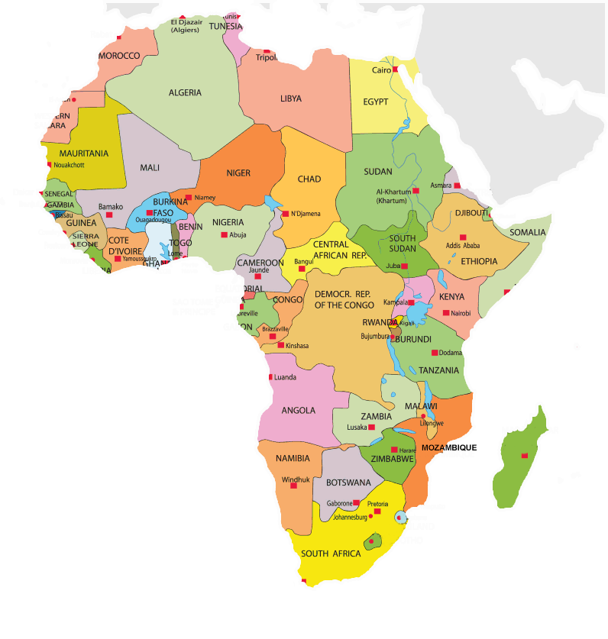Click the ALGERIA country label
pyautogui.click(x=185, y=93)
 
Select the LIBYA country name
pyautogui.click(x=290, y=99)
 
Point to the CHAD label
pyautogui.click(x=309, y=179)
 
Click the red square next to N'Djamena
pyautogui.click(x=285, y=214)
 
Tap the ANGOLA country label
pyautogui.click(x=298, y=411)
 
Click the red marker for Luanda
pyautogui.click(x=270, y=377)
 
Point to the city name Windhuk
pyautogui.click(x=295, y=480)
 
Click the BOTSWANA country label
pyautogui.click(x=348, y=483)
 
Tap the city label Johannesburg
pyautogui.click(x=355, y=517)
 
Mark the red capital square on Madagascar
pyautogui.click(x=524, y=456)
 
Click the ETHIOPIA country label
pyautogui.click(x=479, y=261)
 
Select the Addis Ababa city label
pyautogui.click(x=463, y=245)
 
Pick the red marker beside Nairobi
pyautogui.click(x=445, y=313)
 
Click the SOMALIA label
pyautogui.click(x=528, y=232)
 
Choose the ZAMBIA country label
pyautogui.click(x=376, y=417)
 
